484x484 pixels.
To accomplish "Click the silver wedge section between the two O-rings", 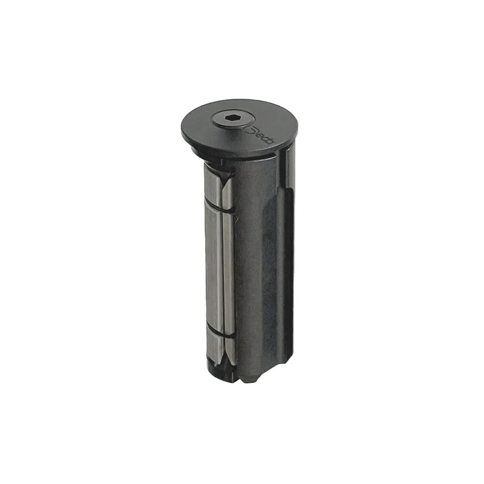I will [x=218, y=266].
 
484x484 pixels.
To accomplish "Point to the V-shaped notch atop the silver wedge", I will [x=224, y=175].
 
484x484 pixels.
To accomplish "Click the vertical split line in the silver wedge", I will [x=223, y=266].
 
